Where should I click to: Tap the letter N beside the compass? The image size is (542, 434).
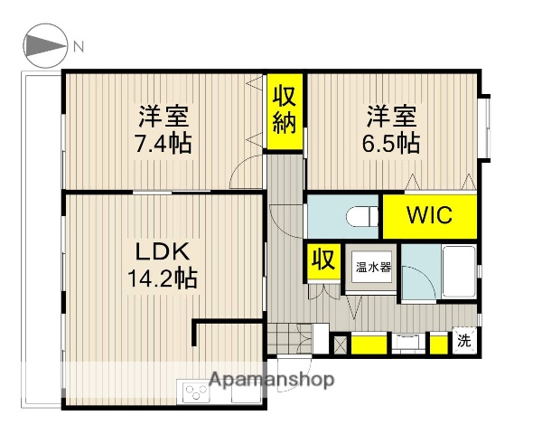[x=79, y=46]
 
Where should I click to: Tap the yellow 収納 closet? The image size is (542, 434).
[x=285, y=108]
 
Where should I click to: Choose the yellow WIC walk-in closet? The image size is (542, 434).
[x=429, y=216]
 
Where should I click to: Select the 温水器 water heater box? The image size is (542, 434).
[x=371, y=269]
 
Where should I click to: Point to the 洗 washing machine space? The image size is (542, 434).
[x=463, y=342]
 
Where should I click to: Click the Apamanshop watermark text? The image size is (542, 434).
[x=271, y=379]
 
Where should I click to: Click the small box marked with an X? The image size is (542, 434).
[x=341, y=344]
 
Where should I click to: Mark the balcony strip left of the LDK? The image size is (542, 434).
[x=40, y=240]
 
